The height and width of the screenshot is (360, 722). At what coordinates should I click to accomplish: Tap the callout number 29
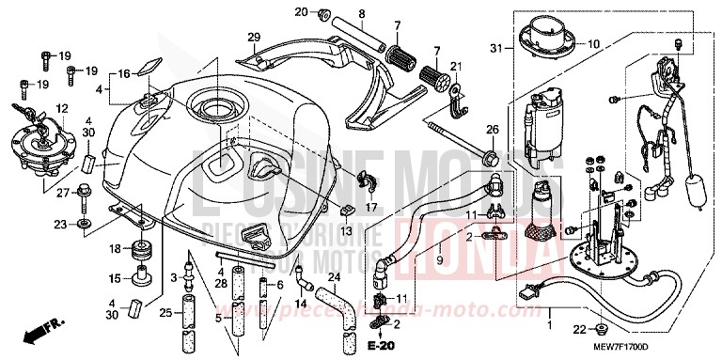(252, 37)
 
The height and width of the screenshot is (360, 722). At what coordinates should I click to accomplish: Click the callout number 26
(491, 129)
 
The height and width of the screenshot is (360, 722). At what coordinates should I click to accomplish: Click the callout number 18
(114, 248)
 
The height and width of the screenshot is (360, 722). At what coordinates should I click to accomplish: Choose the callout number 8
(360, 12)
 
